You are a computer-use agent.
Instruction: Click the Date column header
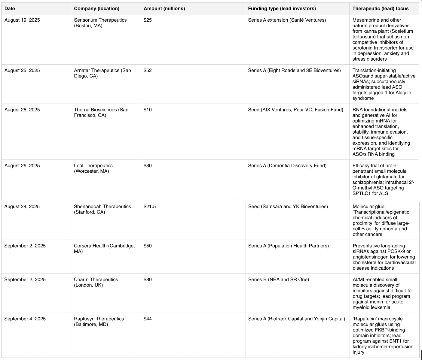10,8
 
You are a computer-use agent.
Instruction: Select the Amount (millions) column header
164,8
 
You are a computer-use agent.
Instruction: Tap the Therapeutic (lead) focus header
380,8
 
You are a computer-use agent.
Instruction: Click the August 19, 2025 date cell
22,20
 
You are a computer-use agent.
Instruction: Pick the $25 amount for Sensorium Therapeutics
148,20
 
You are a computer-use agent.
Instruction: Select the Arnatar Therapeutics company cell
102,73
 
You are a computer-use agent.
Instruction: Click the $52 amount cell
148,71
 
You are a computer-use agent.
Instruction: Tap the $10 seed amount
148,110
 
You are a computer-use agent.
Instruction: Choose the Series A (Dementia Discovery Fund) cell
287,166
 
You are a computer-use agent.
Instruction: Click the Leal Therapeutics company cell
93,168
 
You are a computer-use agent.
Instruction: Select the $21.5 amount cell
150,207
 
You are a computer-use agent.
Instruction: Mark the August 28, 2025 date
22,207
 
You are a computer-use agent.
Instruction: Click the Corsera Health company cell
104,248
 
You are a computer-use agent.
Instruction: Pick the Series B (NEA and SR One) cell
278,280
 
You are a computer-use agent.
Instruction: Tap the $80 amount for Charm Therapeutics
148,280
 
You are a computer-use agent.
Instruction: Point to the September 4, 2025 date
25,319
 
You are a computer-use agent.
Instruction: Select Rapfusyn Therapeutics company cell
99,322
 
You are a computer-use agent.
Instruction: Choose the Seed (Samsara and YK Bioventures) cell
288,207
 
